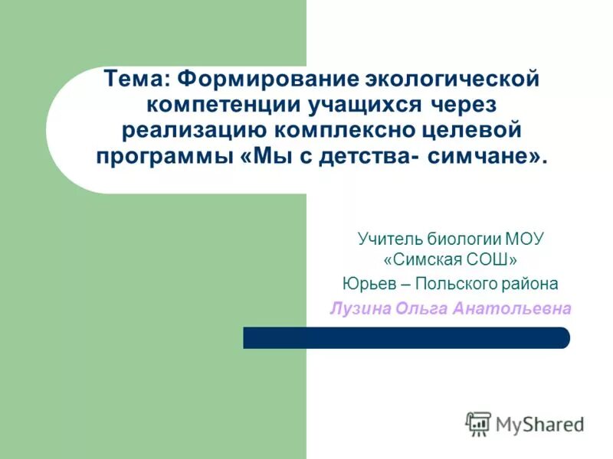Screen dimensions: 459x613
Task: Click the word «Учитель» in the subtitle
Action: click(x=388, y=239)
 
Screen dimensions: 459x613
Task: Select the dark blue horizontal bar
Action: click(x=406, y=337)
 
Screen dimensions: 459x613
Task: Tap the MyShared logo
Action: click(x=524, y=423)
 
